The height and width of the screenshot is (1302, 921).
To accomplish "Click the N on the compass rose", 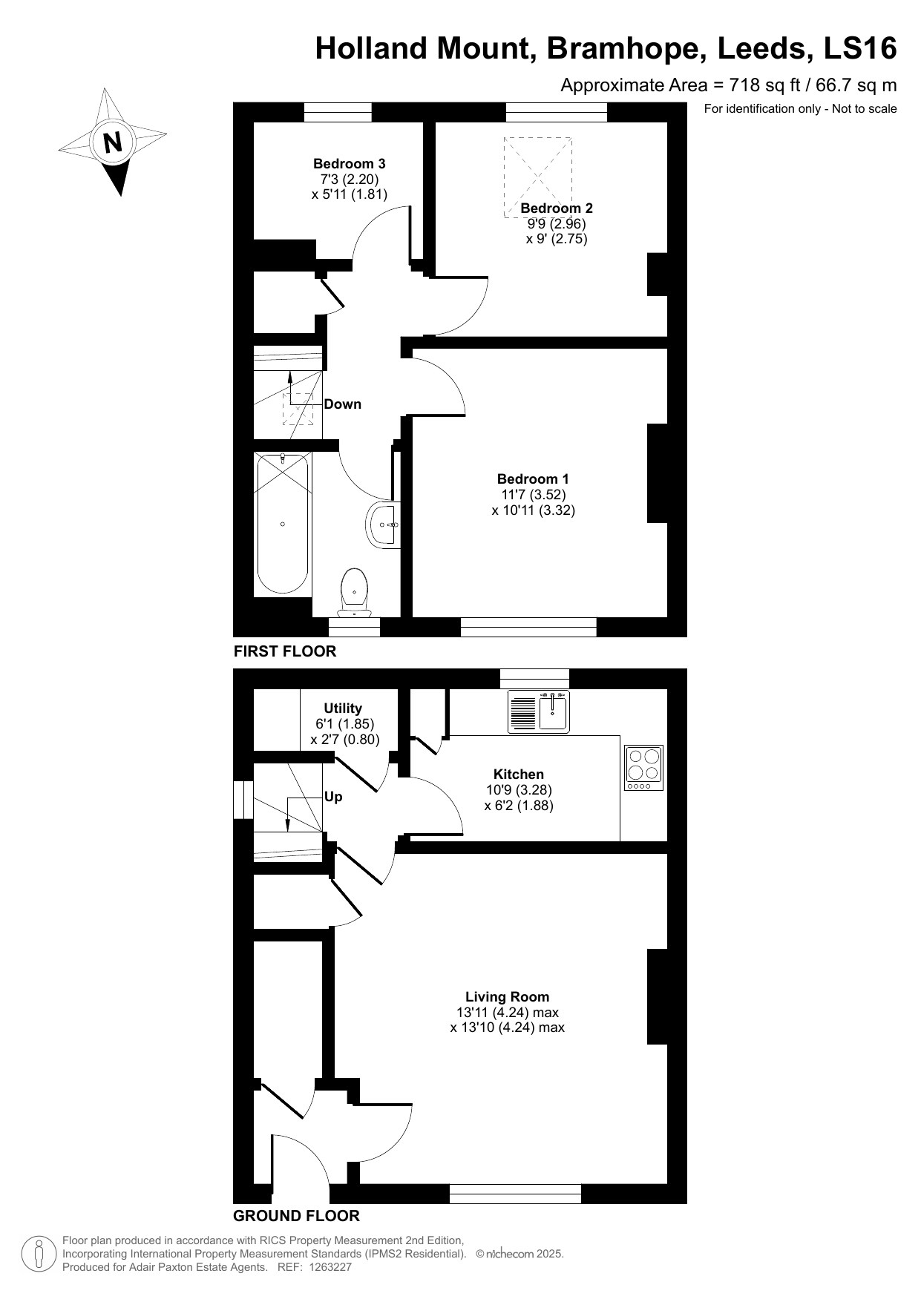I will [x=113, y=142].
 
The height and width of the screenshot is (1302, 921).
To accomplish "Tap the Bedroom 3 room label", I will [x=349, y=164].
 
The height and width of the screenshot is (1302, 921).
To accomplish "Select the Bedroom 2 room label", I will [x=556, y=208].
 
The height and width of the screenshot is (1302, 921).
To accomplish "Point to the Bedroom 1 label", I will [x=533, y=479].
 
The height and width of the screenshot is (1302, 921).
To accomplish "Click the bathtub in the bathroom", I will [x=282, y=523].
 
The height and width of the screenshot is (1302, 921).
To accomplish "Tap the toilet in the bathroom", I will [x=355, y=591].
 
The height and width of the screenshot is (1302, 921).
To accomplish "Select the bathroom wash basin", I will [x=384, y=524].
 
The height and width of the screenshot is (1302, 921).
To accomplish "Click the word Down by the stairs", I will [x=343, y=404].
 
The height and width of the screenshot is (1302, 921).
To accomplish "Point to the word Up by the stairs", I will [x=334, y=797].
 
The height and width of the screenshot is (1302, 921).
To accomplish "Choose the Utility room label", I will [x=343, y=708].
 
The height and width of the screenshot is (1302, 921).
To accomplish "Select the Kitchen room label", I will [x=519, y=775].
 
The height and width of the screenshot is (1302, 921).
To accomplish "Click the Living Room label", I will [x=508, y=997].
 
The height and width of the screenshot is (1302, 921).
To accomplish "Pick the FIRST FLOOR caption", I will [x=285, y=651].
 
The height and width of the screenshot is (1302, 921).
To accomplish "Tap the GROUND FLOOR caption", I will [x=296, y=1216].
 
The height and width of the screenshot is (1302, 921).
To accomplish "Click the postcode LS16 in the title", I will [x=860, y=49].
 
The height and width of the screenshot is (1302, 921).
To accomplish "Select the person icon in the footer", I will [x=39, y=1253].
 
